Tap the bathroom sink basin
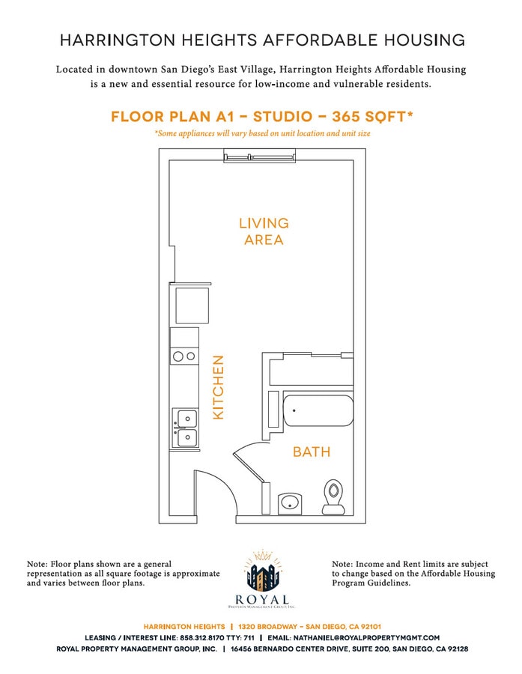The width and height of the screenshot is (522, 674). coord(289,503)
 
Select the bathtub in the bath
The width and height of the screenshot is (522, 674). coord(318,410)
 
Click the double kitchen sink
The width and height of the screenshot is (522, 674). coord(185,427)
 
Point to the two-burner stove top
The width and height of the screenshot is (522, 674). coord(185,356)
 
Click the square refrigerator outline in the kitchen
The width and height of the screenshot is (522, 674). coord(191,304)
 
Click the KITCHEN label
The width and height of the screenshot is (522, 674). coord(219,387)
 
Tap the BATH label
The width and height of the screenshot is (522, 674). coord(311,452)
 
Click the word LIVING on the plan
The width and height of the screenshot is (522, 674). coord(264,223)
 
